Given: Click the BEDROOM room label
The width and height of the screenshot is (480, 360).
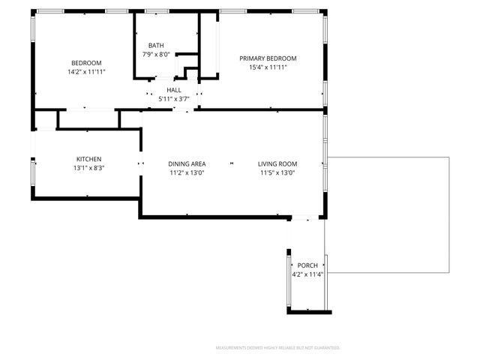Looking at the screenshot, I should [x=86, y=63].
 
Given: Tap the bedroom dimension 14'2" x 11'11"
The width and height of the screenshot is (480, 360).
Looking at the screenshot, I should [x=86, y=72].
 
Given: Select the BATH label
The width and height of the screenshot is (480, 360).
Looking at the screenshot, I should [x=156, y=45].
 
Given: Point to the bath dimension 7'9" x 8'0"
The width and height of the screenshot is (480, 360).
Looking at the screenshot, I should [x=156, y=54].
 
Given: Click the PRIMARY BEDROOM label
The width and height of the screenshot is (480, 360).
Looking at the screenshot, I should [x=268, y=58].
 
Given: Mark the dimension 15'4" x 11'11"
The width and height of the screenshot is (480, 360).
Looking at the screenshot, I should [x=268, y=67].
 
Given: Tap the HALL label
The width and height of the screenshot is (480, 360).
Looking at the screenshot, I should [x=174, y=90].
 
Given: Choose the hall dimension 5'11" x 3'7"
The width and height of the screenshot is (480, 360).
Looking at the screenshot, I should [x=174, y=98].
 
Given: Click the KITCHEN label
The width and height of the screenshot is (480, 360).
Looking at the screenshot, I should [x=88, y=159].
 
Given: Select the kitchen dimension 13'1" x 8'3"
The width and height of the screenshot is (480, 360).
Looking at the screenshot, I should [x=88, y=168].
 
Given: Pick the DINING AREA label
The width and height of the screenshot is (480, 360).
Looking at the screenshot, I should [x=187, y=164].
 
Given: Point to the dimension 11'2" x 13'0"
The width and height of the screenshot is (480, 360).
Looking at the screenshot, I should [x=187, y=173].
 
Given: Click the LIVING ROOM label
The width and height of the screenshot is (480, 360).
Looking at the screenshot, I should [x=277, y=164].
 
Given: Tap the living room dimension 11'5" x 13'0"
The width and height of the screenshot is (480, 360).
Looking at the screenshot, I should [x=277, y=173].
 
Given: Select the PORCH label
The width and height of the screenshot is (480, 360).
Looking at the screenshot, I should [x=307, y=265].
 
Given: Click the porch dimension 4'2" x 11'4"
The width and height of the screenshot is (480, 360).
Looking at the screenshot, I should [x=307, y=274].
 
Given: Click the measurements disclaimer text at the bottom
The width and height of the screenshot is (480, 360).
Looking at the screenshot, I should [x=277, y=348].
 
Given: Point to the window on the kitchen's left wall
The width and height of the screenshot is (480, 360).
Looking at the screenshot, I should [x=32, y=172].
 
